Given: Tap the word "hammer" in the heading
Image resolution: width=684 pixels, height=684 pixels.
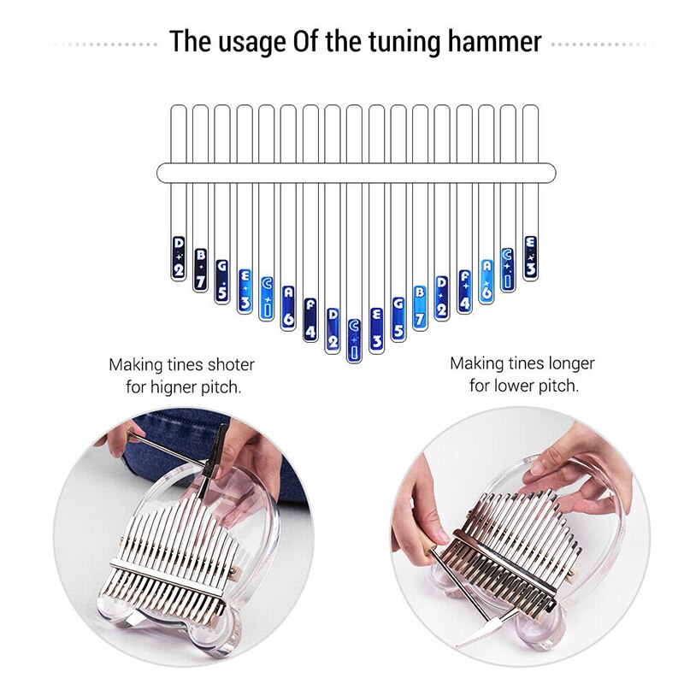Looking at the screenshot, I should [492, 41].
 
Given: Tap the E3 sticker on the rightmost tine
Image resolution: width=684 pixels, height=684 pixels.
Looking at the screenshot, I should [530, 257].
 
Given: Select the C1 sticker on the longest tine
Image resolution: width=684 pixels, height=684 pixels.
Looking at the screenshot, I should [354, 339].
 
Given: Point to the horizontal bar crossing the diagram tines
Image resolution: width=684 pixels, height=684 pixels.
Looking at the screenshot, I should [356, 173].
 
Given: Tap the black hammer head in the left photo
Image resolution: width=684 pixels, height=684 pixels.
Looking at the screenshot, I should [217, 449].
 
